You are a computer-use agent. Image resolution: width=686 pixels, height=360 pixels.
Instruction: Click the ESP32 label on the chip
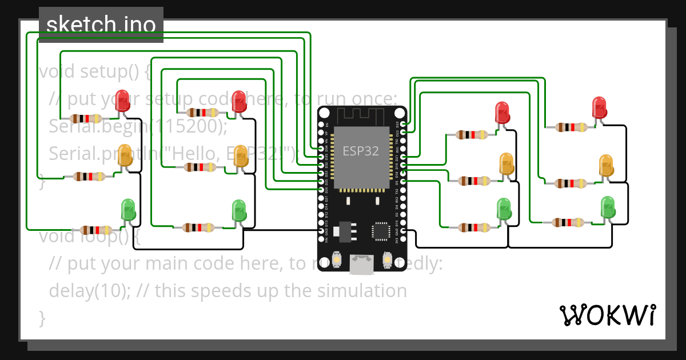(361, 151)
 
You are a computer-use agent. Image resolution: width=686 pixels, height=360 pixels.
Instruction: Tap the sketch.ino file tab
(101, 25)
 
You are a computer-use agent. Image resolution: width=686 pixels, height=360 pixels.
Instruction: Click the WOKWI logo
(607, 315)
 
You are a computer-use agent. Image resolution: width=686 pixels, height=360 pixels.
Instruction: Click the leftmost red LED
(122, 101)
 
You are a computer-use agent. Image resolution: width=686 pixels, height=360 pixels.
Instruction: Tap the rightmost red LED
(599, 107)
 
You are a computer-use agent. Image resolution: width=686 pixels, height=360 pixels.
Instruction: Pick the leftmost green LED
(128, 210)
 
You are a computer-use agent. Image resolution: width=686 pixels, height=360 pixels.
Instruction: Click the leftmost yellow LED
(125, 156)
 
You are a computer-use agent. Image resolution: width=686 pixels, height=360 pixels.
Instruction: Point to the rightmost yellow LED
(606, 165)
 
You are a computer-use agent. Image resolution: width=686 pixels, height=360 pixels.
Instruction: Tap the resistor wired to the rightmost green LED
(568, 222)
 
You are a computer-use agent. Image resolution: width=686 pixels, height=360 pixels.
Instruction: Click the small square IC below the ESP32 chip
(380, 230)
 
